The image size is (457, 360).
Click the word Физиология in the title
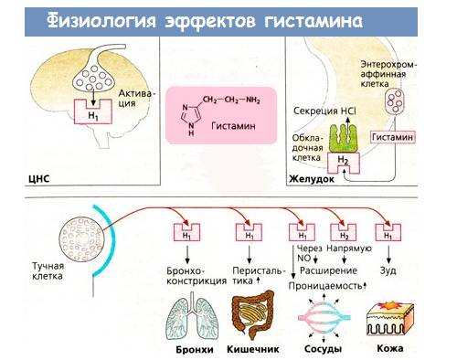pos(98,18)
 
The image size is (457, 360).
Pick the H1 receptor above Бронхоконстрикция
pos(188,235)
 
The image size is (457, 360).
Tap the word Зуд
pos(389,270)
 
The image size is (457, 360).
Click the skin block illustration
pos(391,320)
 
